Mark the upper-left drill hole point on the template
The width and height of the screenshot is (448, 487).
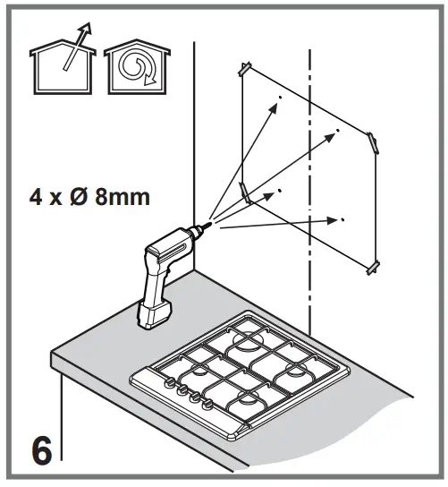coord(280,98)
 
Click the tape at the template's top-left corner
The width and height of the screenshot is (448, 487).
coord(244,68)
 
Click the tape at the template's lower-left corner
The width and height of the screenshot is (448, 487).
coord(244,193)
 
